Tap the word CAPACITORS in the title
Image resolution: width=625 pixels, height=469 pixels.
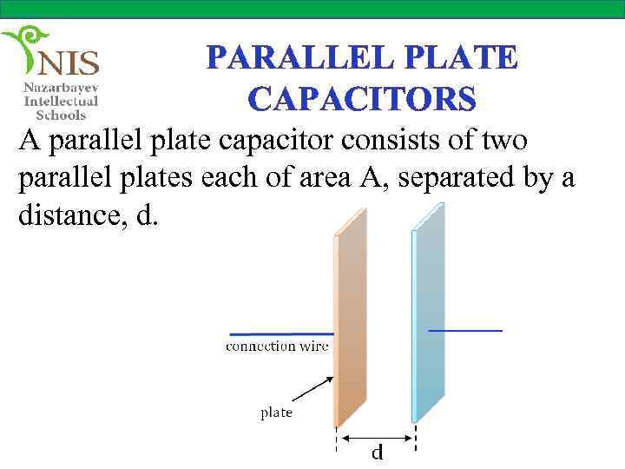(x=362, y=99)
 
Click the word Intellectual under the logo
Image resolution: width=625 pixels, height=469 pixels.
(x=61, y=102)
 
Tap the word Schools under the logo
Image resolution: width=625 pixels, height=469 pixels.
(x=61, y=115)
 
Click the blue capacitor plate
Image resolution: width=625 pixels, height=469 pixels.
(x=429, y=321)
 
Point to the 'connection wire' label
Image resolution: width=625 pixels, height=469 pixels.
(x=277, y=347)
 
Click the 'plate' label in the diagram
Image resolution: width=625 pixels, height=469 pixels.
(x=277, y=413)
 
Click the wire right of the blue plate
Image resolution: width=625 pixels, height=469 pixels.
(x=466, y=331)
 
